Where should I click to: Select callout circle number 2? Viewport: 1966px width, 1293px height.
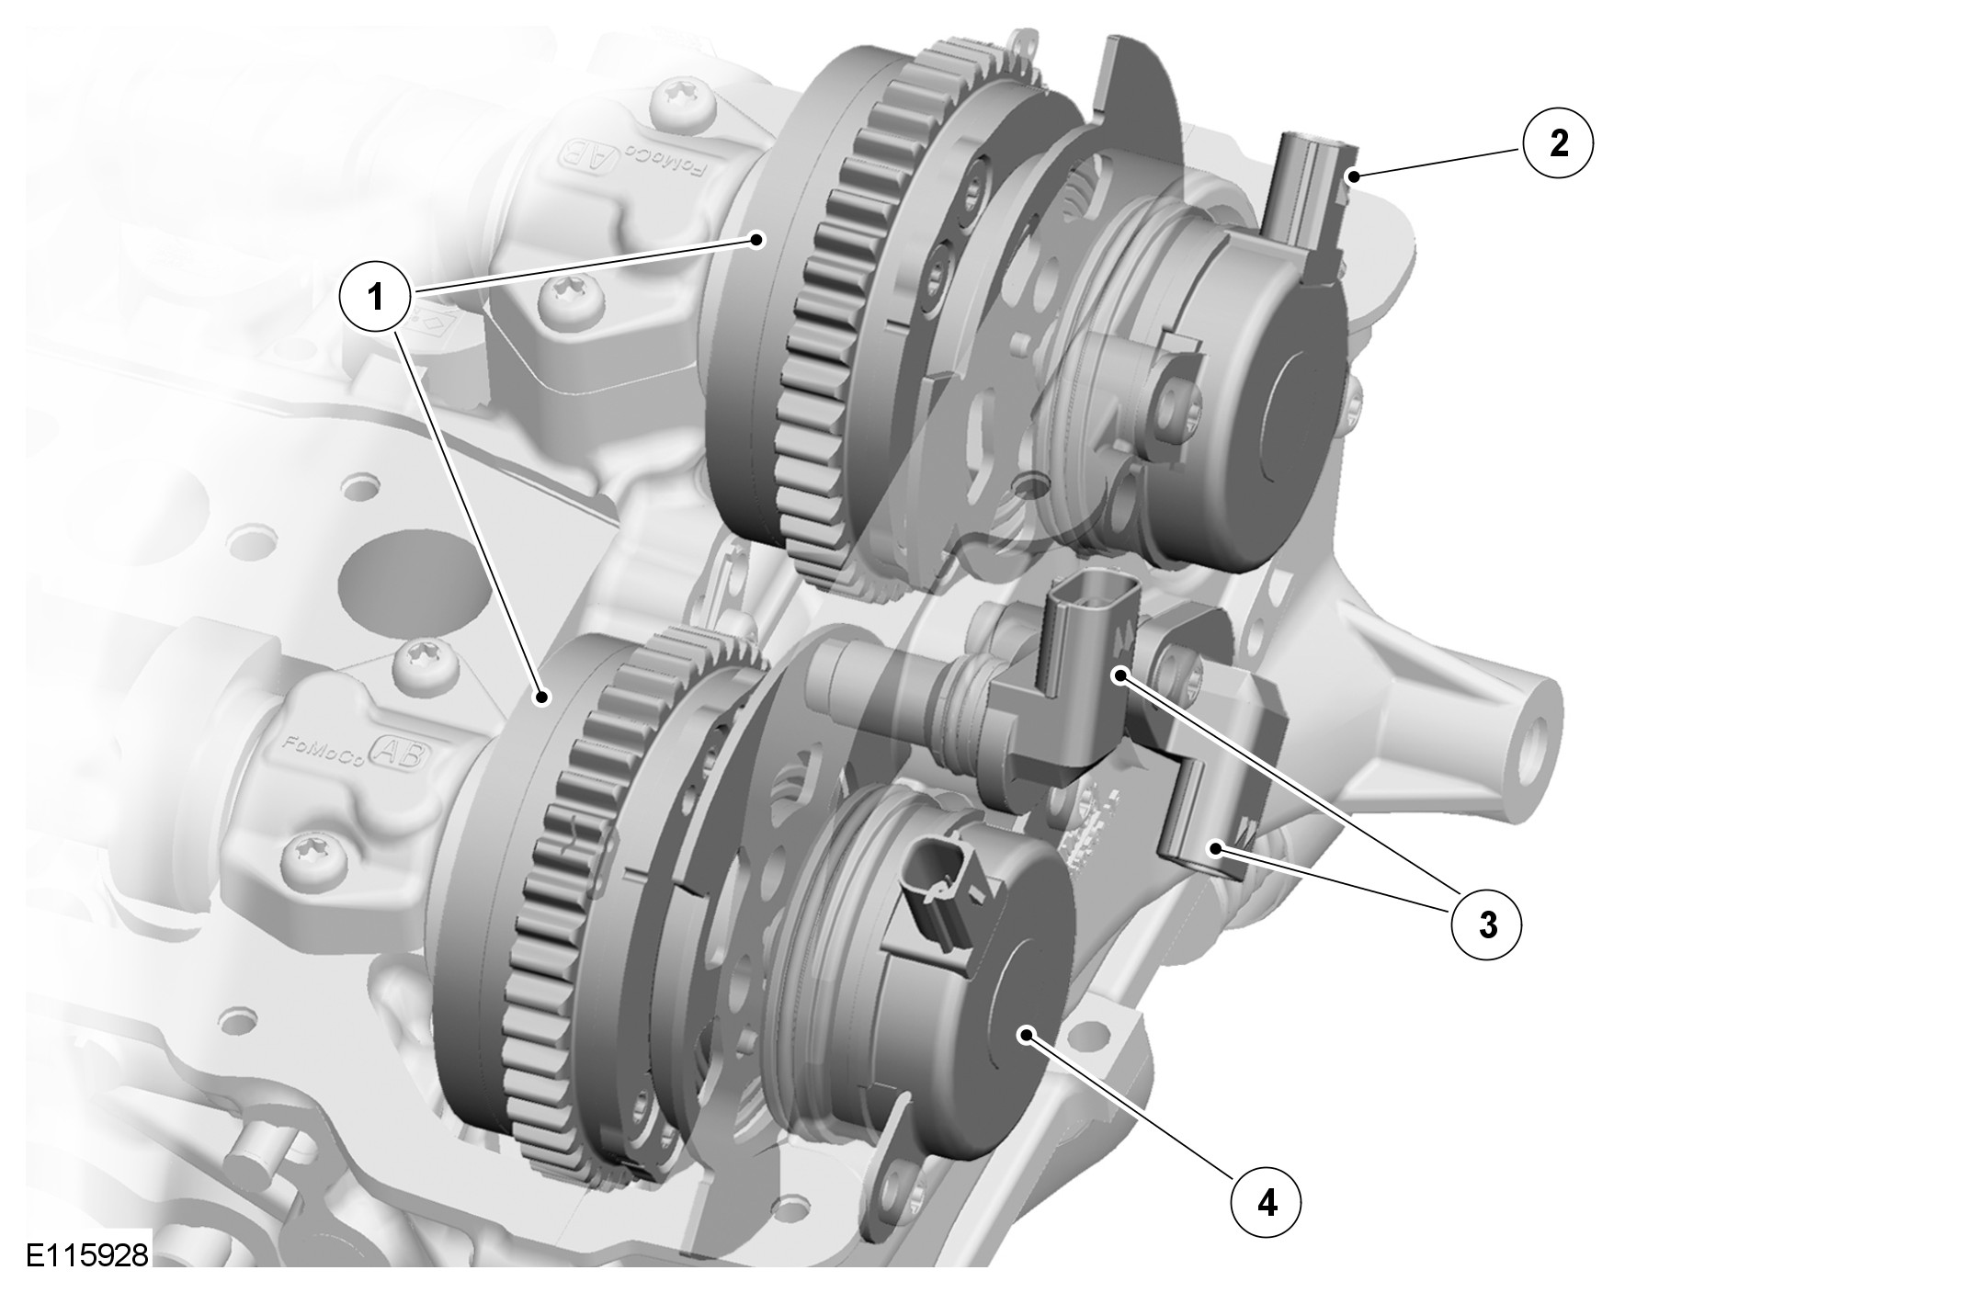[1559, 144]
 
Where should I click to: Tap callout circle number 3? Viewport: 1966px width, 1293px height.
[1486, 924]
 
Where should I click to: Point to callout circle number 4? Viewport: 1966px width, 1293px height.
[1267, 1203]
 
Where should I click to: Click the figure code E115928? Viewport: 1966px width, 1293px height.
[86, 1256]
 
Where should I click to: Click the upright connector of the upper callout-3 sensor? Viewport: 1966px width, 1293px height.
[1092, 632]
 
